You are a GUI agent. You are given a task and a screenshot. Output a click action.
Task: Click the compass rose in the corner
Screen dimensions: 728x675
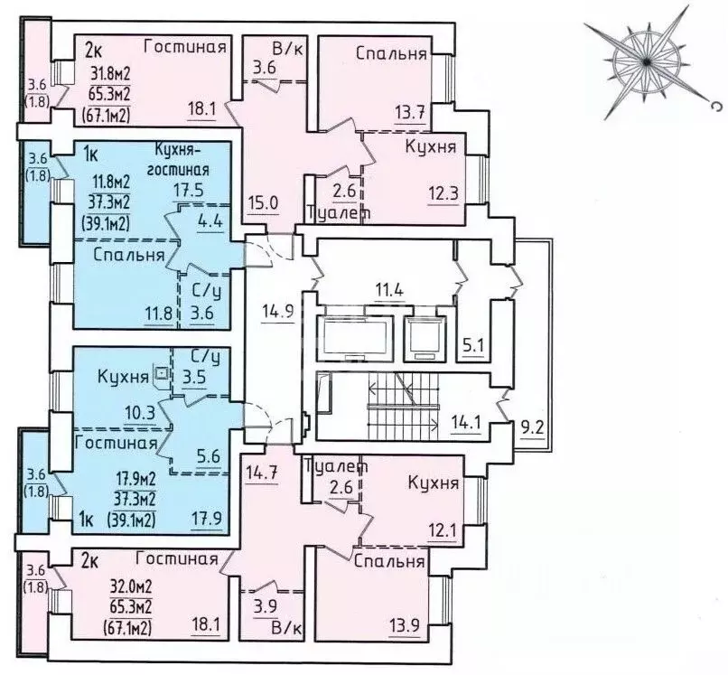(647, 61)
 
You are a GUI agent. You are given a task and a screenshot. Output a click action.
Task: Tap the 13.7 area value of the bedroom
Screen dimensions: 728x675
(410, 113)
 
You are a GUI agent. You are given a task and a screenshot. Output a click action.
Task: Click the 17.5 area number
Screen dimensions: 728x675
(189, 191)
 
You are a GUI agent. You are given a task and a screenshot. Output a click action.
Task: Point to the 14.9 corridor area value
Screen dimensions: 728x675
(277, 311)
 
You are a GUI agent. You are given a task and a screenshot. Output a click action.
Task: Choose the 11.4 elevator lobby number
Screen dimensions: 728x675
(389, 290)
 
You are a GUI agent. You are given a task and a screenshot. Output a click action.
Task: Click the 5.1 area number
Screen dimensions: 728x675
(472, 346)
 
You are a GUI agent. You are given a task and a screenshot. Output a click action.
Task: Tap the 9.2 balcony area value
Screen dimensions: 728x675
(533, 427)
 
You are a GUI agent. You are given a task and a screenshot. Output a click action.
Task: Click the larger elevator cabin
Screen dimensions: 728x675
(354, 334)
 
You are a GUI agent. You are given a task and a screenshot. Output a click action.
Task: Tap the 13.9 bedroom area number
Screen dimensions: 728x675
(405, 624)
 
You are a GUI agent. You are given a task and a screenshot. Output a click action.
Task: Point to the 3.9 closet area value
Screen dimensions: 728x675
(266, 606)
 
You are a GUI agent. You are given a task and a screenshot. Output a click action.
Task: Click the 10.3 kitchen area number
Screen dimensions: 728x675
(140, 412)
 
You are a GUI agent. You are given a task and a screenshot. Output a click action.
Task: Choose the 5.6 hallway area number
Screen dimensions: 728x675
(209, 455)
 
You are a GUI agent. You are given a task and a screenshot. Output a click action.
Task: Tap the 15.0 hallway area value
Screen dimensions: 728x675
(262, 203)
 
